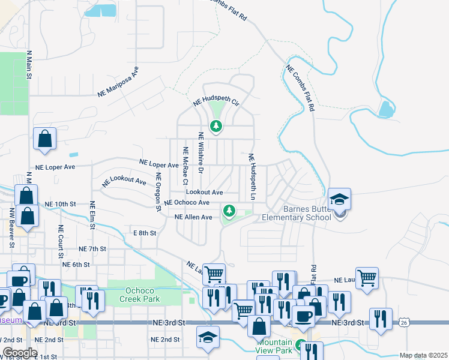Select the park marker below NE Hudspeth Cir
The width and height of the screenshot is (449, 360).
215,126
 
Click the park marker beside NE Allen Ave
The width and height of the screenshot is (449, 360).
229,211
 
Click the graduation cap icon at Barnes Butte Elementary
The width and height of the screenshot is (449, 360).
339,200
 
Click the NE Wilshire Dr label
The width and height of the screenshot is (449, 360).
201,158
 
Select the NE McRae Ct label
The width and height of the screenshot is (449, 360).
186,166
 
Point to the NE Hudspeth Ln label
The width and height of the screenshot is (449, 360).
252,177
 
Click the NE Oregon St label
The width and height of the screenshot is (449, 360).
158,192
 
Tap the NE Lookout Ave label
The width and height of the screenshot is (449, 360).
124,181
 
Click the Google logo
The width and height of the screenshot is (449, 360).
20,353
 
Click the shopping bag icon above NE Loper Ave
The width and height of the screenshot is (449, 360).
45,139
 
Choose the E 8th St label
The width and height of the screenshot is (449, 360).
144,232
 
